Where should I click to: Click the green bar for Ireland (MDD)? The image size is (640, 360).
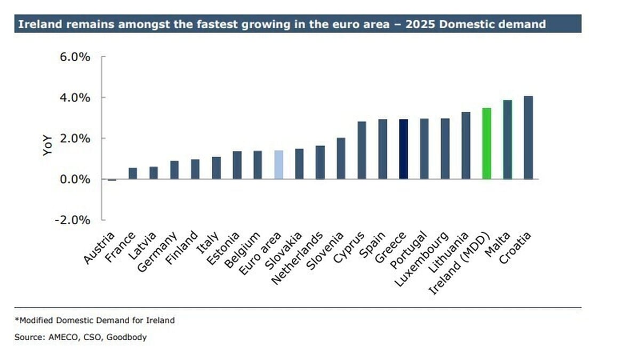point(486,143)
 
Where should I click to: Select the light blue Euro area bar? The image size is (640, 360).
point(278,165)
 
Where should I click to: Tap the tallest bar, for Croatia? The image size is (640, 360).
point(528,138)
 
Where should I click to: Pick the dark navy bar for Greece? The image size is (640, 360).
point(403,149)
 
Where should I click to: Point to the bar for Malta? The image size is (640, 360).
point(507,140)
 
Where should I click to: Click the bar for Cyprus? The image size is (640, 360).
point(362,150)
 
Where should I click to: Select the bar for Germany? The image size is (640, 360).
point(174,170)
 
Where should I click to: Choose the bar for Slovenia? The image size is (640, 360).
point(341,158)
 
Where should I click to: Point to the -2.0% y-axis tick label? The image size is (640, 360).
point(74,220)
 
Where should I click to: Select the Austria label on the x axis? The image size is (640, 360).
point(100,248)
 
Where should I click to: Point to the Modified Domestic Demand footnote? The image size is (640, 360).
point(95,321)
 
